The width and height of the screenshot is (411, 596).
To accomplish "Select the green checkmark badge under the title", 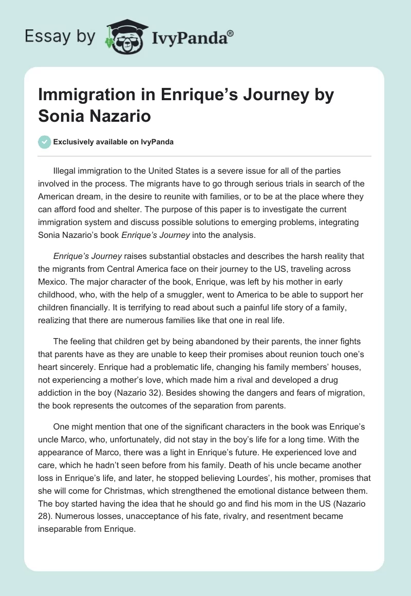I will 45,142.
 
